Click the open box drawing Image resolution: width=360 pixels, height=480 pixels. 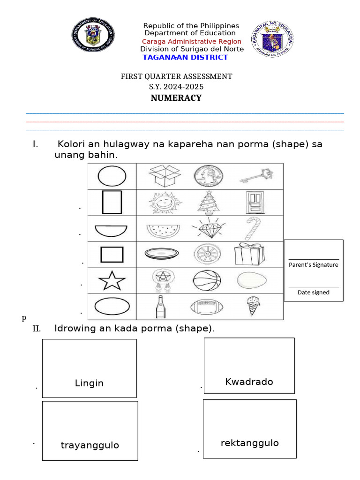pos(164,176)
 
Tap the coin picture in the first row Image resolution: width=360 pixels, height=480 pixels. pos(206,176)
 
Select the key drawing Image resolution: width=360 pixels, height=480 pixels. pos(256,176)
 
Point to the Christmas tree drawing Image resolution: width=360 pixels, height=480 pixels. pos(207,202)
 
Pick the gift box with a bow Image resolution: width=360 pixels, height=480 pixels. pos(249,254)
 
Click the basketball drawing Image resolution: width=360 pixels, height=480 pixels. pos(206,281)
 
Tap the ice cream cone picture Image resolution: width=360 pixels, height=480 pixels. pos(254,307)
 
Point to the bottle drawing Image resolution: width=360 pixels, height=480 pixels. pos(159,307)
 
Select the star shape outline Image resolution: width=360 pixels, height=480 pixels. pos(112,281)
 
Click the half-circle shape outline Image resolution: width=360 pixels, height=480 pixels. pos(111,230)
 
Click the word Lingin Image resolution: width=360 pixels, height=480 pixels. pos(89,383)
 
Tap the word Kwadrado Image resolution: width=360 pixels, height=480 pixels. pos(249,382)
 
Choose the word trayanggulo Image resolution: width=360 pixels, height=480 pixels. pos(90,445)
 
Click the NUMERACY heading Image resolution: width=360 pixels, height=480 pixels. pos(176,98)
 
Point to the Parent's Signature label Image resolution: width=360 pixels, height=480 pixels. pos(314,265)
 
